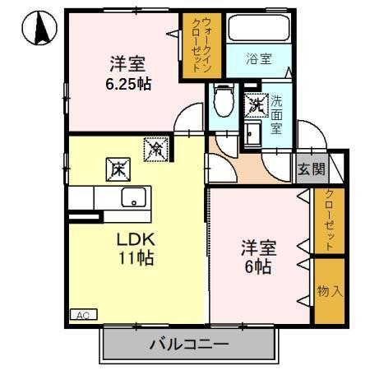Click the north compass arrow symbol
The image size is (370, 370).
click(37, 30)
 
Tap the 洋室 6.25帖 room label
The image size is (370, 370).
click(129, 72)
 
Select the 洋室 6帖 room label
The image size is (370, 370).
click(258, 257)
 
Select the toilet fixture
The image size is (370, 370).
click(221, 103)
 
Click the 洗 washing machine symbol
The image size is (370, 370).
click(256, 104)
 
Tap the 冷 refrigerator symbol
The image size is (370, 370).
click(155, 148)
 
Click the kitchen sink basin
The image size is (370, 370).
click(132, 198)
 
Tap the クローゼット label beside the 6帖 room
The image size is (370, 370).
click(328, 220)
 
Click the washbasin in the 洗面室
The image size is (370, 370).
click(252, 133)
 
